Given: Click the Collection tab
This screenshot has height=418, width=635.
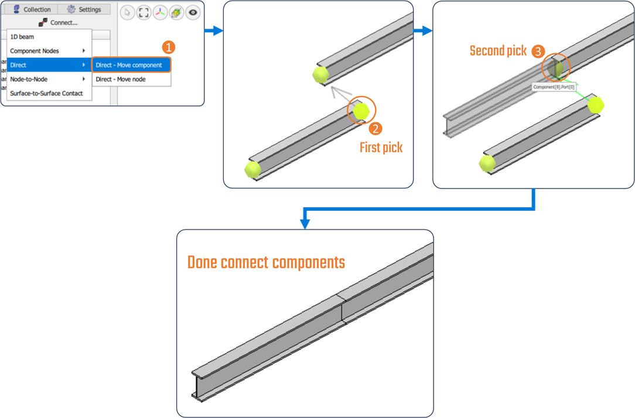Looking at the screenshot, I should coord(32,9).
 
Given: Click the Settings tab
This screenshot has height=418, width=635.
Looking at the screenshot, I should coord(84,9).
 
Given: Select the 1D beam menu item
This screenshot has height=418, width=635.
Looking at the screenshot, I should coord(22,37).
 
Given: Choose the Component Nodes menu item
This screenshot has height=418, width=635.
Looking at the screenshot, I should coord(35,51).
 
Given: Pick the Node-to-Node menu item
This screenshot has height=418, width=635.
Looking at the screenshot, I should coord(29,79).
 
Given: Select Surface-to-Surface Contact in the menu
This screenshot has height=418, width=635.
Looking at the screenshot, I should coord(46,93).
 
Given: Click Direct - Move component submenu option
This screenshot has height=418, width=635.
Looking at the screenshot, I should coord(129,65).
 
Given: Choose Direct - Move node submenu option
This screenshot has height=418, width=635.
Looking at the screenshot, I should coord(121,79).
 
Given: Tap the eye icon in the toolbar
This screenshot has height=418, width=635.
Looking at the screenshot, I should coord(193,12).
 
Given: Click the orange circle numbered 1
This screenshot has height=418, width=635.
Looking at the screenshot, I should coord(168,47).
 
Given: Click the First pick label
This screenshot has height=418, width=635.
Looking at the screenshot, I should coord(381,148).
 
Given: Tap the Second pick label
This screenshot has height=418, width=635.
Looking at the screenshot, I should coord(499,51).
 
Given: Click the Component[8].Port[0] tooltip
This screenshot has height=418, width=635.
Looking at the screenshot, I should coord(554,87).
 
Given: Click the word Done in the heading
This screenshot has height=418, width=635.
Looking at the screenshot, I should coord(203,262).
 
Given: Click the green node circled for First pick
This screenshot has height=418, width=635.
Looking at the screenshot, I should coord(361,110).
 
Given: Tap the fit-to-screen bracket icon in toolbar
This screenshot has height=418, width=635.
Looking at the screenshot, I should coord(144,12).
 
